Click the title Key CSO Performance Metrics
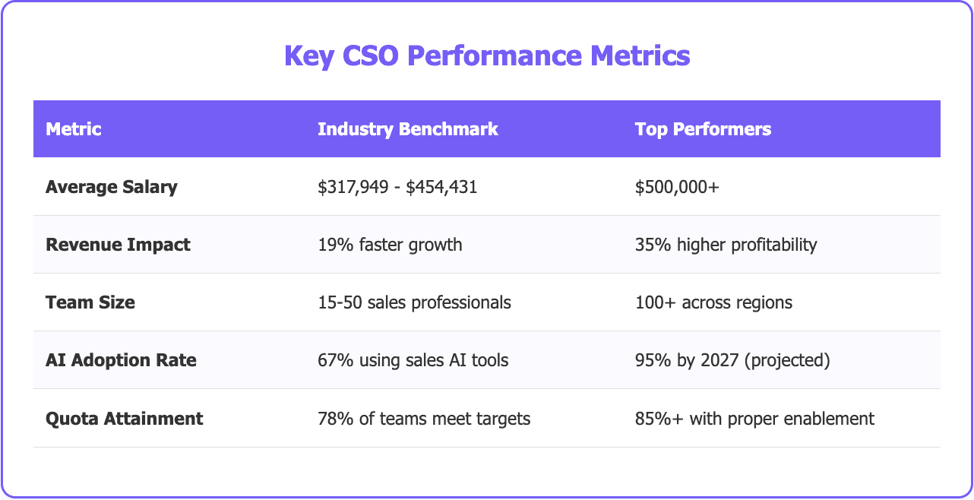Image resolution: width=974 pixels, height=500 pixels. (486, 56)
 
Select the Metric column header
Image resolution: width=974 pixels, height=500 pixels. (74, 129)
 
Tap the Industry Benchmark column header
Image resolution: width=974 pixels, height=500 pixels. (407, 129)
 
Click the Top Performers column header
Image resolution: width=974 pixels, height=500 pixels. (703, 129)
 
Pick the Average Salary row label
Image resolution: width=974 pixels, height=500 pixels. (111, 187)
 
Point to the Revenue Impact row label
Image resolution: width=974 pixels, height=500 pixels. (118, 245)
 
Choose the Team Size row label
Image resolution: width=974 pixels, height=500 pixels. (90, 302)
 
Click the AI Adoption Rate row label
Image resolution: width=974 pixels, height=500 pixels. (121, 360)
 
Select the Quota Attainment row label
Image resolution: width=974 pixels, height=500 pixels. (124, 418)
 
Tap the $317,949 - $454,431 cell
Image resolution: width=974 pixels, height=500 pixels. (397, 187)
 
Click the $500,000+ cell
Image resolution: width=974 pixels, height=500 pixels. (677, 187)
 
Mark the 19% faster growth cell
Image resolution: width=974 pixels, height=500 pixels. (390, 245)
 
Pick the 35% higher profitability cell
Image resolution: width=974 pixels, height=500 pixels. (726, 245)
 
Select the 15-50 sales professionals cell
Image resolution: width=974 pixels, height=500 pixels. (414, 302)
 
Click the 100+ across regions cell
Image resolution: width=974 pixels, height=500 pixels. (713, 302)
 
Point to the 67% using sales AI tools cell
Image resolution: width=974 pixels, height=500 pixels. (413, 360)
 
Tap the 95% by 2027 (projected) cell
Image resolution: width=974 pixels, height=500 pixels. (732, 360)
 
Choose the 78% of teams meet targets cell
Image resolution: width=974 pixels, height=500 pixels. (422, 418)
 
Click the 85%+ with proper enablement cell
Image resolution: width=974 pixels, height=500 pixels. (754, 418)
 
